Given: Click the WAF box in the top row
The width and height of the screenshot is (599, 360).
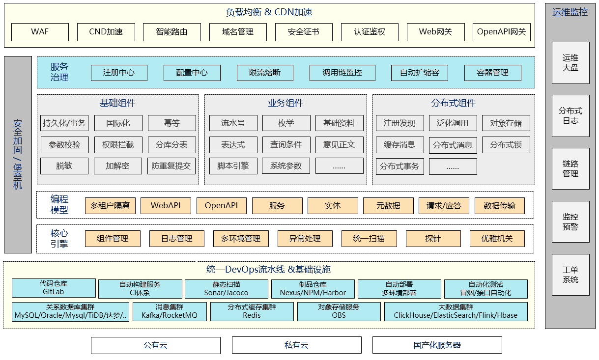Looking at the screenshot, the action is (40, 32).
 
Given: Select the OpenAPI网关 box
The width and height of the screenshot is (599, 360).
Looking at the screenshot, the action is (501, 32).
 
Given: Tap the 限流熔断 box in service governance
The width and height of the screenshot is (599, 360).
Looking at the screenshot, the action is (265, 73).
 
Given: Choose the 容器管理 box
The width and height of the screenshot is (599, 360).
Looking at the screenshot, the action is (492, 73).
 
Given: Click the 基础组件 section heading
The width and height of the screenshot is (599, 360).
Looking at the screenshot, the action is (117, 103).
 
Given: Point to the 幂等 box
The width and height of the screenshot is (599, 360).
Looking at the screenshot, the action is (171, 123).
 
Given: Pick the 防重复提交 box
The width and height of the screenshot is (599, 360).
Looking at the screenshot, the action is (171, 166).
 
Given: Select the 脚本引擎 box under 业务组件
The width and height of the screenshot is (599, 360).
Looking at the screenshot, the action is (233, 166).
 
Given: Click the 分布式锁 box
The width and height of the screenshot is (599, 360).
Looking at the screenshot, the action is (506, 145).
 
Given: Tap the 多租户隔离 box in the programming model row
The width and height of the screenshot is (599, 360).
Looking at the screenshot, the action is (110, 205).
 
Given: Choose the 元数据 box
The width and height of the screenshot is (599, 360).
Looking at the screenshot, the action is (388, 205).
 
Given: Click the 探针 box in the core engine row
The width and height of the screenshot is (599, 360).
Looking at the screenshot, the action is (433, 238).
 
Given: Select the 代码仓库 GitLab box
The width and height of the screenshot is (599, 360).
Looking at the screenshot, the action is (54, 288).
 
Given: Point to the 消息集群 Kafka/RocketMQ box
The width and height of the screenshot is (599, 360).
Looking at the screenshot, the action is (170, 311).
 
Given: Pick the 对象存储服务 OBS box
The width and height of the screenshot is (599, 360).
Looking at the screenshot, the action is (339, 311).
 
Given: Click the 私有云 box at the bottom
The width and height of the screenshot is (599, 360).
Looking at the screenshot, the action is (297, 345).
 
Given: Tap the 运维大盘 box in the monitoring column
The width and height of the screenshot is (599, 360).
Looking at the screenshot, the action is (570, 63).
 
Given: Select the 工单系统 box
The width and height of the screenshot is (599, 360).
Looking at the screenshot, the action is (570, 275).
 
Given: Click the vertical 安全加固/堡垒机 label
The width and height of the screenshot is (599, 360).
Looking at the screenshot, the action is (18, 154).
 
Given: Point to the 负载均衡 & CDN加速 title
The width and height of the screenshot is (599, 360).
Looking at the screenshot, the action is (269, 12).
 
